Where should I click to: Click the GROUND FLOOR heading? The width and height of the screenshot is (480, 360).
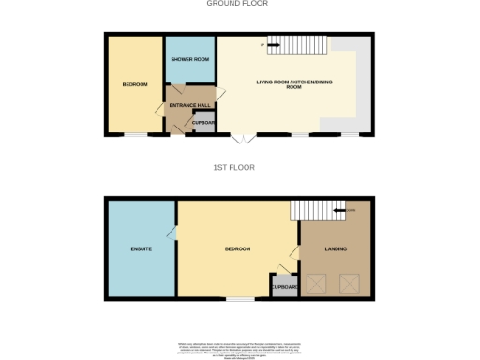238,4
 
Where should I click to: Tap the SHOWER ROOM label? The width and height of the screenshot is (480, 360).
189,58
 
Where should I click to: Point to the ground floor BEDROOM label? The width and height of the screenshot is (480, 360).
135,85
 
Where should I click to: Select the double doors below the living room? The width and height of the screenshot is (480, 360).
243,139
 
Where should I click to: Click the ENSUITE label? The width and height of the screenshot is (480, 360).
141,248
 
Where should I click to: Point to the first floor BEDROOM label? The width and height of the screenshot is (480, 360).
237,248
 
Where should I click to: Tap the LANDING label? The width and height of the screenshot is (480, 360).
335,248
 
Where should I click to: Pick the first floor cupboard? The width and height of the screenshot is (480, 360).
284,286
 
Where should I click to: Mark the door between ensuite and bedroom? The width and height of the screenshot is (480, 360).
172,233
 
